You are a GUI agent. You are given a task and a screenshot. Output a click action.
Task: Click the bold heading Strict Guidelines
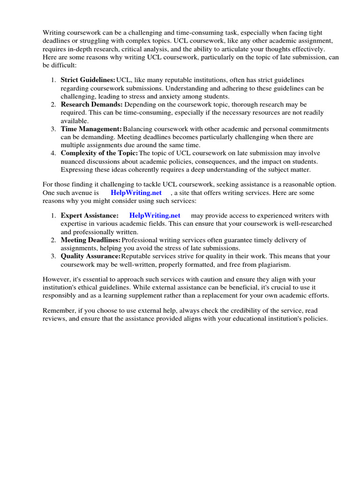[x=88, y=80]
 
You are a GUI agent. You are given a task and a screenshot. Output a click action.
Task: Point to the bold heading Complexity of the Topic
[x=99, y=153]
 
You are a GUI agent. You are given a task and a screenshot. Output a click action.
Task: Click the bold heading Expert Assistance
[x=90, y=215]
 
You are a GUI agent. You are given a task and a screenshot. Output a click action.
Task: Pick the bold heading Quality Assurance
[x=90, y=256]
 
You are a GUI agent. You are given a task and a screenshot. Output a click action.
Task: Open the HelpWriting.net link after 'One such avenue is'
[x=136, y=193]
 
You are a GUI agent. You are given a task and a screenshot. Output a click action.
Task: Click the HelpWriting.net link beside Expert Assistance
[x=155, y=215]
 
